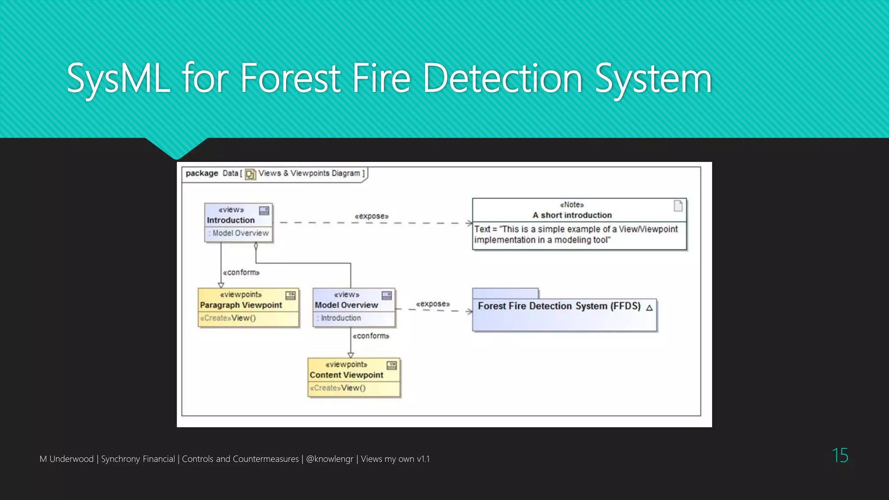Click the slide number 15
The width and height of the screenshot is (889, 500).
coord(840,455)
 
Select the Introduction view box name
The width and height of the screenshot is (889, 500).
coord(230,220)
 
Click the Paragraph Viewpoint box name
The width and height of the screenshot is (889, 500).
coord(241,305)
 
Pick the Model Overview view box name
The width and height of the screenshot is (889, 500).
coord(346,305)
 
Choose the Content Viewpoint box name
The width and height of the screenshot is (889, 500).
coord(346,375)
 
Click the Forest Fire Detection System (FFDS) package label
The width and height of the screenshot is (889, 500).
coord(559,306)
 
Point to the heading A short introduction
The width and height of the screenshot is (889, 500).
coord(572,215)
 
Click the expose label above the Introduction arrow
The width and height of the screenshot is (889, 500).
coord(372,216)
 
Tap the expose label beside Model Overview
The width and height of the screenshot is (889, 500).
coord(433,304)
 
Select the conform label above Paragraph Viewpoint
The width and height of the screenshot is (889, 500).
coord(241,273)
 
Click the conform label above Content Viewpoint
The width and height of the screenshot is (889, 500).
coord(371,336)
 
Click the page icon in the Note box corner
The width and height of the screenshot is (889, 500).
coord(678,206)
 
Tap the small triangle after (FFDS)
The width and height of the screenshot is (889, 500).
coord(649,308)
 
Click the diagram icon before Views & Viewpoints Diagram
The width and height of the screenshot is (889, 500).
coord(250,174)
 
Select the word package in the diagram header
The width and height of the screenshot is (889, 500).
coord(202,173)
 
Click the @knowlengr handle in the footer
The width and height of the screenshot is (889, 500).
coord(329,459)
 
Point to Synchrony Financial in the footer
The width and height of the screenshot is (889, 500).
coord(138,459)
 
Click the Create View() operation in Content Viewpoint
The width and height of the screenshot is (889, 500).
coord(338,388)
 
